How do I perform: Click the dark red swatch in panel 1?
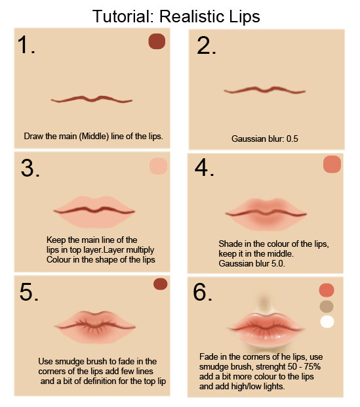(x=157, y=41)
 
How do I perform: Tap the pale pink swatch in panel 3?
(x=158, y=166)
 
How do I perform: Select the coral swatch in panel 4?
(x=332, y=164)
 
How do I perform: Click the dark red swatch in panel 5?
(x=160, y=284)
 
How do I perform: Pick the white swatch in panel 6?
(x=327, y=322)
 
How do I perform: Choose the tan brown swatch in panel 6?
(x=327, y=307)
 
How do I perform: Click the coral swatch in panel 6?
(x=327, y=290)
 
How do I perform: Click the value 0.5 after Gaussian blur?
(x=292, y=139)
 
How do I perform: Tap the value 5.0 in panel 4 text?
(x=278, y=264)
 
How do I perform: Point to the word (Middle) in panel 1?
(x=94, y=137)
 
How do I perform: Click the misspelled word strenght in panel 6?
(x=271, y=367)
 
